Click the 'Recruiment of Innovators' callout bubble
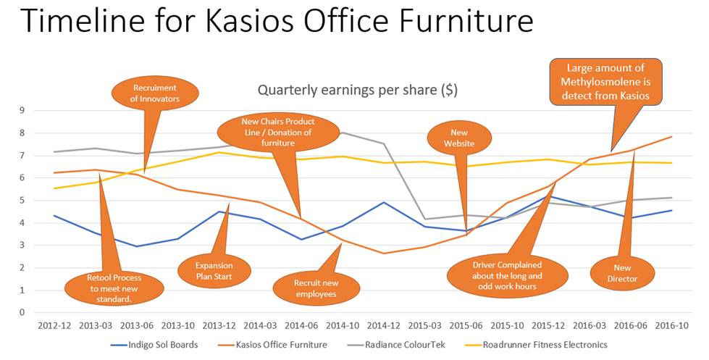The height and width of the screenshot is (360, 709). [155, 93]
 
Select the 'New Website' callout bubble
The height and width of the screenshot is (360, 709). [459, 138]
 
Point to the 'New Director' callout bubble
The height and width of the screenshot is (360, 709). [622, 274]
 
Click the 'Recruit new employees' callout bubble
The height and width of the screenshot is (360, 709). [316, 288]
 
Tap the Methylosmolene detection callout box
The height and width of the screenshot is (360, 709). [605, 82]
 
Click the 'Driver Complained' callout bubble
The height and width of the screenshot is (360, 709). [508, 275]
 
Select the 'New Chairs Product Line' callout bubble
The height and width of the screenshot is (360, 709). [278, 132]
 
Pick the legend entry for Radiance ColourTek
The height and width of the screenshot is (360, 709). [396, 345]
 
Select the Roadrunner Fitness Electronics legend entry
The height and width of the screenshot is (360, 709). [536, 345]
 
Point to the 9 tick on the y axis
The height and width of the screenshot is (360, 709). [22, 110]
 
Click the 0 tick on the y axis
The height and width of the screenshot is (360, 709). [22, 312]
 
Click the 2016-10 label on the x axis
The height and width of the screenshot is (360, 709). [672, 325]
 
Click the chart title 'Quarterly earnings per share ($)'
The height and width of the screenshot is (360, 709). [358, 90]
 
